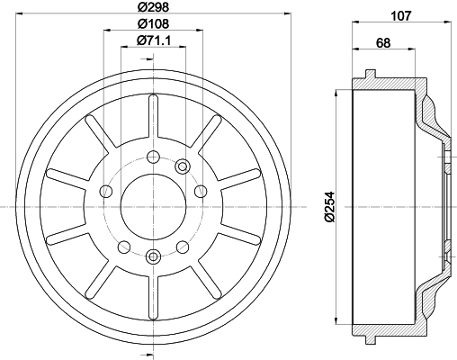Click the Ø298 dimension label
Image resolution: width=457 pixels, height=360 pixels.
(x=153, y=6)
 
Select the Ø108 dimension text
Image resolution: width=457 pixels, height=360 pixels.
(x=153, y=23)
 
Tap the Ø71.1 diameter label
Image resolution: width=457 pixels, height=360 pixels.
(x=154, y=40)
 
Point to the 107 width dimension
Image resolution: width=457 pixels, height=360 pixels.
(x=401, y=15)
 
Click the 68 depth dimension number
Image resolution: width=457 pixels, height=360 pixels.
(x=383, y=42)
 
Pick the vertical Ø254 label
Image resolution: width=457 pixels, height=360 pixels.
(x=329, y=207)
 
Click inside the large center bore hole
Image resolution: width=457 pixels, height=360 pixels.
(x=153, y=207)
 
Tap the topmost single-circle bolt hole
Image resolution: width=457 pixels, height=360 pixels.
(x=153, y=157)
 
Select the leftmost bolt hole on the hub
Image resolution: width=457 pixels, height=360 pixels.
(x=106, y=191)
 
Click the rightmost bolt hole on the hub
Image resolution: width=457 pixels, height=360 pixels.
(x=201, y=191)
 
